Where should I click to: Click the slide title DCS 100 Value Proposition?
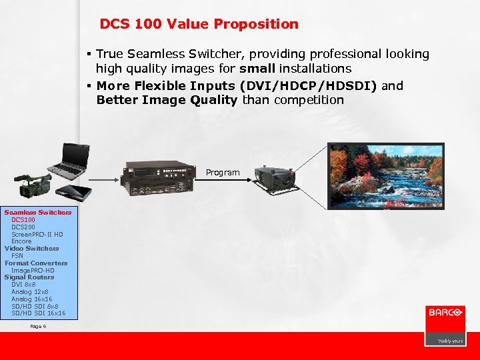point(199,25)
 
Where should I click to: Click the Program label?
point(222,173)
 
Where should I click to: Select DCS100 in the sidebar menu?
point(23,220)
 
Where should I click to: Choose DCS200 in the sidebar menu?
point(23,227)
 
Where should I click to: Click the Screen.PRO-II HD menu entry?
point(37,235)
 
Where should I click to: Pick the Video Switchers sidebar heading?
point(31,249)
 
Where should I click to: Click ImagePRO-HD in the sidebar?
point(33,271)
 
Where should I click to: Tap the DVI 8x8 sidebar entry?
point(23,285)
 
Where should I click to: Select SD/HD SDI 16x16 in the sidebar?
point(38,313)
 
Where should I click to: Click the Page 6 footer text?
point(39,327)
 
